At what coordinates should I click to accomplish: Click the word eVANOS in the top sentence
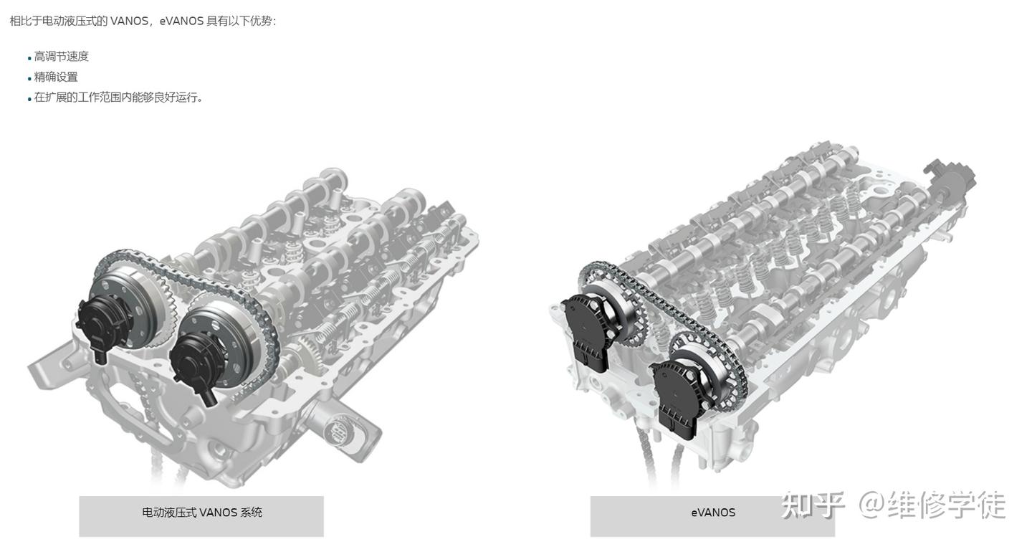(x=181, y=22)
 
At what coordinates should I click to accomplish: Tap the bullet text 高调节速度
(x=62, y=57)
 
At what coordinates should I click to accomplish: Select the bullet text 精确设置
(x=56, y=77)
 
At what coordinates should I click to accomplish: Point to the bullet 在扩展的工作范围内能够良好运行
(x=118, y=97)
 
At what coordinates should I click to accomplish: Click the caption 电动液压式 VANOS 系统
(x=202, y=513)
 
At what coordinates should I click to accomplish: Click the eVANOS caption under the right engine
(x=712, y=513)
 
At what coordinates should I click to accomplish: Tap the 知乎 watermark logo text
(x=813, y=505)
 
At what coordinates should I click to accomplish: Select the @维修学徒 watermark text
(x=932, y=505)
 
